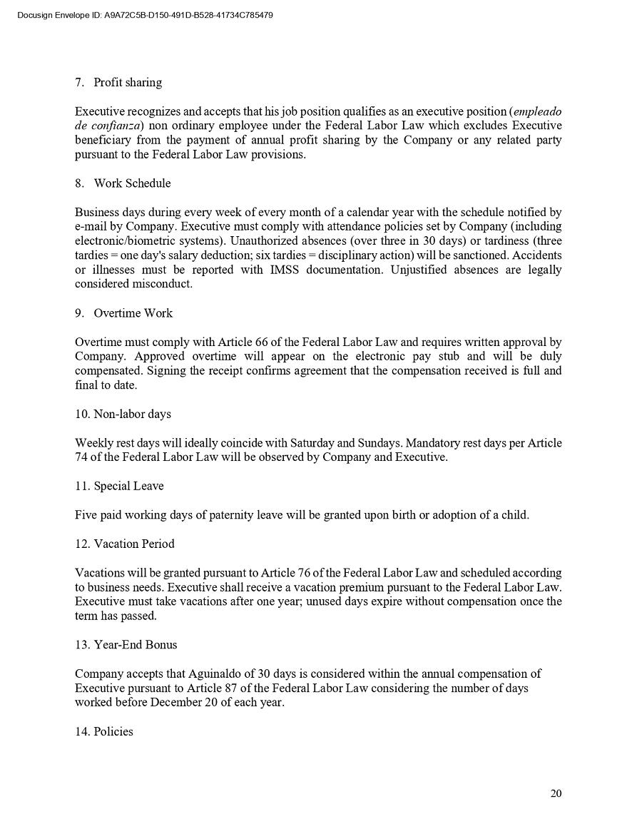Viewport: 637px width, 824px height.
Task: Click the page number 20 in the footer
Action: point(556,793)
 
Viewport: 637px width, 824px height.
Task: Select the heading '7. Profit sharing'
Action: point(118,83)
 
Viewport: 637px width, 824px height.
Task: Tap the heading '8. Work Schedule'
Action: point(123,183)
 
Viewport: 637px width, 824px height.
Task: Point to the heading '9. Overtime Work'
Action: point(123,313)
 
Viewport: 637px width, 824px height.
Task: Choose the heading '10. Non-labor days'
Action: point(123,414)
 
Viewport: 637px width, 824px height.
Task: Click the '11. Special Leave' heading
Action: point(119,486)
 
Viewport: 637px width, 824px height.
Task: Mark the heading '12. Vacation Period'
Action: point(124,544)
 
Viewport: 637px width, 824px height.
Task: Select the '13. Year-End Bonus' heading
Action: point(126,644)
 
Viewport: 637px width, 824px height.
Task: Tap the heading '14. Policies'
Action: point(104,731)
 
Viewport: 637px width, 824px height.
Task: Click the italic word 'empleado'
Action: point(537,111)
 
